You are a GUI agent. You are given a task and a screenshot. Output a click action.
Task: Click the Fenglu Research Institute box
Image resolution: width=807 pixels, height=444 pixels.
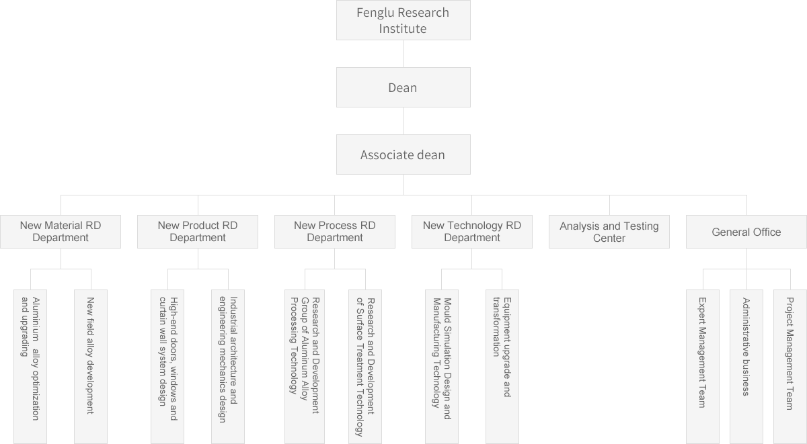pos(403,20)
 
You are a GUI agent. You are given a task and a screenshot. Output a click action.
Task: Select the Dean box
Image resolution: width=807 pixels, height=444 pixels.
pos(403,87)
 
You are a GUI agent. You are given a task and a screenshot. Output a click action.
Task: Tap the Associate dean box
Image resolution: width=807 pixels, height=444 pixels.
pos(403,154)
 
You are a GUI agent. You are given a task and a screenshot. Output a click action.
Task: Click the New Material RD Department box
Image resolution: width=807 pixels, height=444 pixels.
pos(61,232)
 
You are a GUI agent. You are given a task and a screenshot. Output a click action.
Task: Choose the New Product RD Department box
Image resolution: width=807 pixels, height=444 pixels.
pos(198,232)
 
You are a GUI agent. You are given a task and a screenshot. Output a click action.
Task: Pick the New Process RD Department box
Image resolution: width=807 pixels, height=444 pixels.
pos(335,232)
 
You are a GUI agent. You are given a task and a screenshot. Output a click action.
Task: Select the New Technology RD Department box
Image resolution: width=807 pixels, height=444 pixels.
pos(472,232)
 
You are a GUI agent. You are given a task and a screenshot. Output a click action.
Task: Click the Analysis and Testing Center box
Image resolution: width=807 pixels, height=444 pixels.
pos(609,232)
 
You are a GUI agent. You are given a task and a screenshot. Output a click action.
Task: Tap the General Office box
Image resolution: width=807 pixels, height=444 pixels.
pos(746,232)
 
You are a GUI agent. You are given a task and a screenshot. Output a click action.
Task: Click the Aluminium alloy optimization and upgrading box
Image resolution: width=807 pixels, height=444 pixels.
pos(30,366)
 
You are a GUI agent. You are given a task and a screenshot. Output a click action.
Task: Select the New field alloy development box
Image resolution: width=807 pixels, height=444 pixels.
pos(91,366)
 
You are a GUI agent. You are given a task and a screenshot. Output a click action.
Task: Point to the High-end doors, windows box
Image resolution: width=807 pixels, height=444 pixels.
pos(167,366)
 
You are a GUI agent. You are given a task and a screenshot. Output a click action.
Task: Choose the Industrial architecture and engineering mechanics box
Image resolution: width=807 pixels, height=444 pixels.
pos(228,366)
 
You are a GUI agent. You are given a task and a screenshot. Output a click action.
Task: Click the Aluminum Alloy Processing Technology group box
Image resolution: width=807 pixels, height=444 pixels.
pos(305,366)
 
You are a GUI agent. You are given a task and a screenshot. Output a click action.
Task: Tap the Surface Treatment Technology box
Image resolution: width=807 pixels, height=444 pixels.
pos(365,366)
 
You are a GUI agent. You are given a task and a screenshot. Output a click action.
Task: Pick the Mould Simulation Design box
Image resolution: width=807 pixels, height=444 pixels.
pos(442,366)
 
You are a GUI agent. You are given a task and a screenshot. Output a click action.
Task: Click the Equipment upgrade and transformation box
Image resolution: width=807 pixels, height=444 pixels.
pos(502,366)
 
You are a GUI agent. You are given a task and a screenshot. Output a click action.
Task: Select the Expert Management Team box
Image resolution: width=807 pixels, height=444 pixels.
pos(703,366)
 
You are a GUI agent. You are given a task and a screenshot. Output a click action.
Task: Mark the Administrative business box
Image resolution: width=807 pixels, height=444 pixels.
pos(746,366)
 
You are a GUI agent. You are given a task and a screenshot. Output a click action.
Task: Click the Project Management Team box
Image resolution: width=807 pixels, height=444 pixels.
pos(790,366)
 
